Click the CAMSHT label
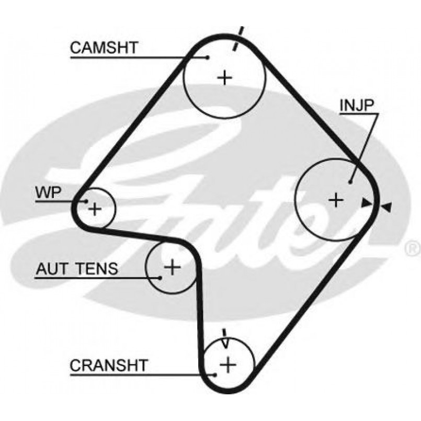pyautogui.click(x=104, y=48)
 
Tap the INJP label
pyautogui.click(x=357, y=105)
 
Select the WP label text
pyautogui.click(x=49, y=192)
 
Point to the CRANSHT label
pyautogui.click(x=109, y=365)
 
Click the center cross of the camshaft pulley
pyautogui.click(x=225, y=78)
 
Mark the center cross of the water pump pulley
pyautogui.click(x=95, y=210)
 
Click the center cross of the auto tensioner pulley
pyautogui.click(x=172, y=268)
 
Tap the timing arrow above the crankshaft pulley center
pyautogui.click(x=225, y=338)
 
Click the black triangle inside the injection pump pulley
pyautogui.click(x=367, y=202)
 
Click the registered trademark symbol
pyautogui.click(x=413, y=245)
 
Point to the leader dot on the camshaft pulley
pyautogui.click(x=208, y=56)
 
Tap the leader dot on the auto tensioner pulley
pyautogui.click(x=160, y=276)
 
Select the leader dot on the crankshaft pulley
pyautogui.click(x=214, y=374)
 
